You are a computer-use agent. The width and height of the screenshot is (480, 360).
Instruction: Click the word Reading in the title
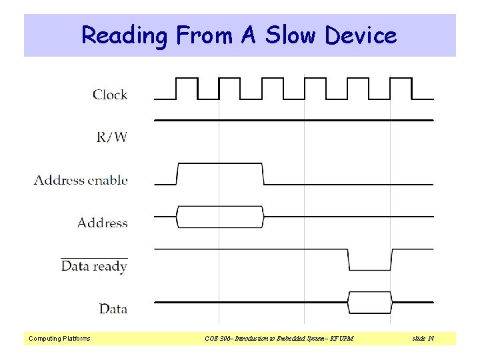point(124,35)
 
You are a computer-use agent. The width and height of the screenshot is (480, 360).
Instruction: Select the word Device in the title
point(361,35)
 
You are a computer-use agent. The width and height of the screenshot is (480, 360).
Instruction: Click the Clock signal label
point(110,95)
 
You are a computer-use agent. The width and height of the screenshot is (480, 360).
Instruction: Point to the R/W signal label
point(112,137)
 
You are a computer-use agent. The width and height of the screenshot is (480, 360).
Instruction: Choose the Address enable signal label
point(81,180)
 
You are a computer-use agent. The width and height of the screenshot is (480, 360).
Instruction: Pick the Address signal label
point(102,223)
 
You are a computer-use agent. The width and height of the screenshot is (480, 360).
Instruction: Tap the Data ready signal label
point(94,267)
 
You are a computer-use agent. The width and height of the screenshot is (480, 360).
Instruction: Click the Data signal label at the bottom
point(113,309)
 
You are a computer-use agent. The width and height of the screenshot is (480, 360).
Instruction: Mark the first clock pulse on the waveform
point(187,87)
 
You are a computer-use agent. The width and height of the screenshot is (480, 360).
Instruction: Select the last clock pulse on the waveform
point(401,87)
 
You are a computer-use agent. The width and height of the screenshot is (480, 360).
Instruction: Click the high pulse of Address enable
point(220,173)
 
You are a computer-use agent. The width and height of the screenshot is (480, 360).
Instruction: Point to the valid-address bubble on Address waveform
point(220,216)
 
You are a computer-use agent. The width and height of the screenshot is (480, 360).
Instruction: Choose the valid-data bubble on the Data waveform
point(369,302)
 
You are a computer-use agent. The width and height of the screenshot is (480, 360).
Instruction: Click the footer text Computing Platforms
point(59,339)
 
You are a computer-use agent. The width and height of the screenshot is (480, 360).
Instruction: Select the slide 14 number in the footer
point(423,339)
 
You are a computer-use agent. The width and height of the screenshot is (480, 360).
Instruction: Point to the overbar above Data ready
point(94,257)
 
